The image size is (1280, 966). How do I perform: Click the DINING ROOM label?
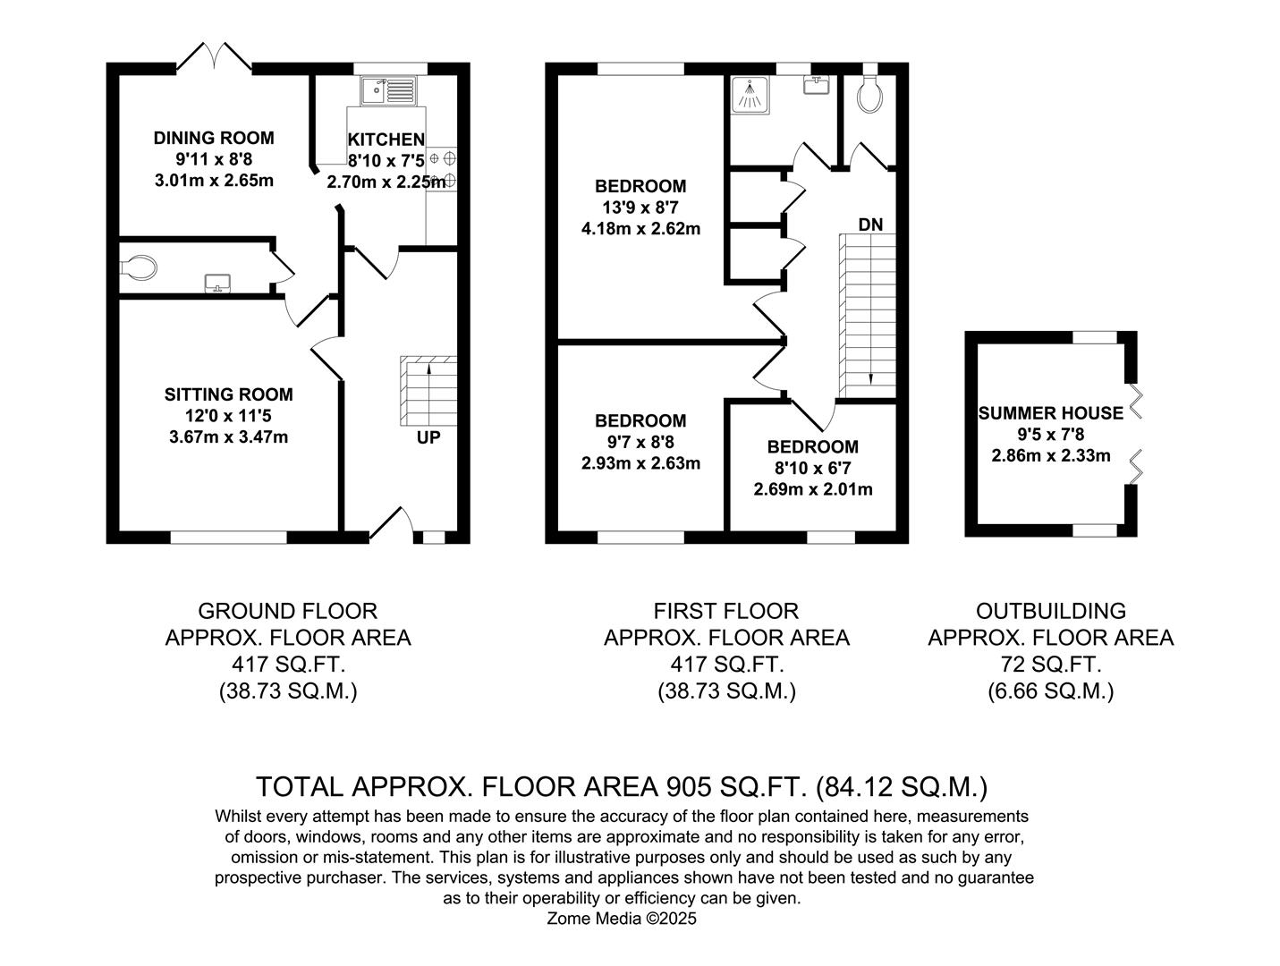point(214,138)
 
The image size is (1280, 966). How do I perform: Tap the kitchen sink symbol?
point(387,90)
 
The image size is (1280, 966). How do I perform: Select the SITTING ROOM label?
point(228,394)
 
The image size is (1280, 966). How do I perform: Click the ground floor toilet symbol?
point(139,267)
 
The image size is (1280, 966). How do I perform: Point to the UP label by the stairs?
point(428,438)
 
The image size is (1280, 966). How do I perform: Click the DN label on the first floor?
point(870,225)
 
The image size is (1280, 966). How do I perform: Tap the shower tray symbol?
point(750,96)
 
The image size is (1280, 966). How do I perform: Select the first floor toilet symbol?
point(869,96)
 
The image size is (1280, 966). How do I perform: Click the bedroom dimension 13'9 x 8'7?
point(640,208)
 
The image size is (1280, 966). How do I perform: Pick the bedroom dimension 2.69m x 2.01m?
point(813,489)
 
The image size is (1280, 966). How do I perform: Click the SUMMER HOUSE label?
point(1050,413)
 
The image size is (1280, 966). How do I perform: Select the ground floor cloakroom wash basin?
point(217,284)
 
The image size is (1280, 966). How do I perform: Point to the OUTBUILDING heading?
point(1050,611)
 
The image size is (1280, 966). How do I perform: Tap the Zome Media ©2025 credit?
point(621,919)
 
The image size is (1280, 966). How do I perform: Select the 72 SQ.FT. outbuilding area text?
point(1050,665)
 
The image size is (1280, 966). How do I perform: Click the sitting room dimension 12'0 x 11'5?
point(228,416)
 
